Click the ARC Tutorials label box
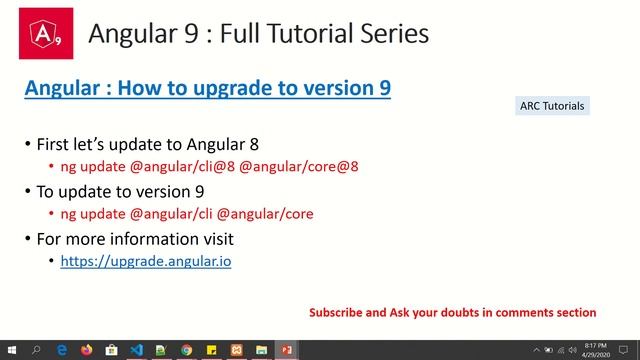552,106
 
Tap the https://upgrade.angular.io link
146,260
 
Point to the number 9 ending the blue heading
384,88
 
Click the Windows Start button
11,350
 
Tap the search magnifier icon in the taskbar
36,350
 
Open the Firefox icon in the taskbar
86,350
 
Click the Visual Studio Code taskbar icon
137,350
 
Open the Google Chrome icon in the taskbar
187,350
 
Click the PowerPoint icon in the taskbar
287,350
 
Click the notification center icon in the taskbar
626,350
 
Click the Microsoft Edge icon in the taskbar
61,350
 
